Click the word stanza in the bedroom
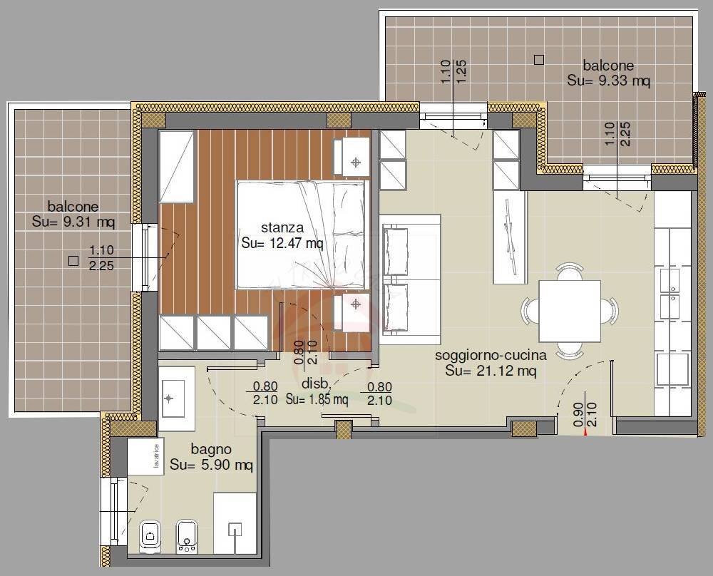282,228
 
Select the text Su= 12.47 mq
282,244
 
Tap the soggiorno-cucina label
491,355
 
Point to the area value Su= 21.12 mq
491,371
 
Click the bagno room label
211,450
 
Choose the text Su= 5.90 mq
212,466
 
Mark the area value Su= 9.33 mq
608,81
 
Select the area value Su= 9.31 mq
73,222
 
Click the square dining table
570,312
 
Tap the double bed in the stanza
303,235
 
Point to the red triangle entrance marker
585,431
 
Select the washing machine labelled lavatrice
146,456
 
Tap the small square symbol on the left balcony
73,261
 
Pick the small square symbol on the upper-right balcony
539,61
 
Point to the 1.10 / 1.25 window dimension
453,72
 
